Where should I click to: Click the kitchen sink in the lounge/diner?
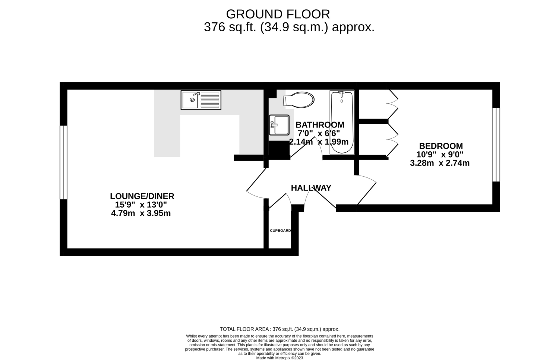tap(201, 100)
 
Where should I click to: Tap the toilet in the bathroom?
tap(299, 100)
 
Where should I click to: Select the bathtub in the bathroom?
tap(342, 122)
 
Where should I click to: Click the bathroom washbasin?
tap(279, 125)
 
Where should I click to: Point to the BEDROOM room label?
tap(441, 146)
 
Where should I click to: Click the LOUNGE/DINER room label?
tap(142, 196)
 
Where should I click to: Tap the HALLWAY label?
tap(311, 188)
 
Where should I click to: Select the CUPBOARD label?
tap(280, 231)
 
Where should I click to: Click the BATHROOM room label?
tap(320, 125)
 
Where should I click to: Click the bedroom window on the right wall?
tap(496, 145)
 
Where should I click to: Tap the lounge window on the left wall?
tap(63, 162)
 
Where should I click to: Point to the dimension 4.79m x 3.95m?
tap(141, 213)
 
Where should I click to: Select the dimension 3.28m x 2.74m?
tap(440, 163)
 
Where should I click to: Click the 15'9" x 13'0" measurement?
tap(141, 205)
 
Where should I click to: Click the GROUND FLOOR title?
tap(278, 14)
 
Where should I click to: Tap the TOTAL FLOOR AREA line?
tap(279, 329)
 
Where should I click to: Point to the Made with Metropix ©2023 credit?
tap(280, 358)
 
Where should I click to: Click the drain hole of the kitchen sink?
tap(192, 100)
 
